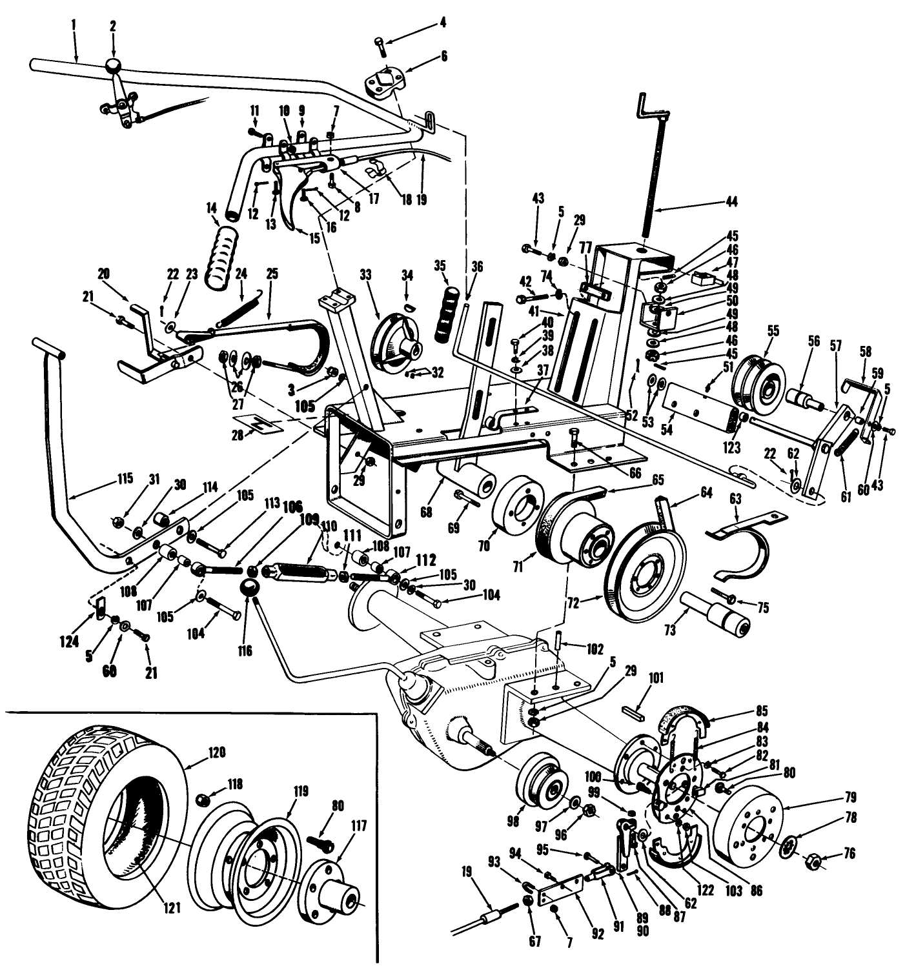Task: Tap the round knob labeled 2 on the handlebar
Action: point(114,66)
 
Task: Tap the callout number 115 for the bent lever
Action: point(125,478)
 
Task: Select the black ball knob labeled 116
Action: point(249,589)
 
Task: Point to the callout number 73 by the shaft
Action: point(669,629)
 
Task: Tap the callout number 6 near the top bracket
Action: point(443,56)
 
